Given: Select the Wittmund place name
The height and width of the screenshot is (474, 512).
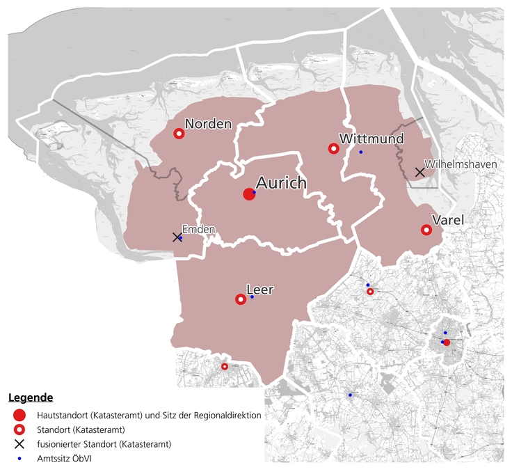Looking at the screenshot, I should pos(371,139).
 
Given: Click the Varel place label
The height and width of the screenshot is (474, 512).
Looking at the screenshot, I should pos(448,220).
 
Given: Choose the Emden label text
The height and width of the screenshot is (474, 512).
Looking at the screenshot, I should pos(198,228).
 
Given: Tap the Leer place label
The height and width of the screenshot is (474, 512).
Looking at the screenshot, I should pos(260,288).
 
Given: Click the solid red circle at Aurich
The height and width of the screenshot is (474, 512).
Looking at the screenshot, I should pos(249,194).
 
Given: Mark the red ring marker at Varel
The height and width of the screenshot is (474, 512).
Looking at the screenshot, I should pos(426,230).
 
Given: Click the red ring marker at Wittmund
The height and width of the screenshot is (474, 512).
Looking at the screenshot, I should pos(333,148).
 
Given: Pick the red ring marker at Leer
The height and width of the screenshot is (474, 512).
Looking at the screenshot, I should pos(240,299).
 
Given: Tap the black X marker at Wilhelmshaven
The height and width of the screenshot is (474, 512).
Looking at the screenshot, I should pos(419,172).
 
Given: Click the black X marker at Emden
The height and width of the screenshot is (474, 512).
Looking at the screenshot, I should pos(177,237).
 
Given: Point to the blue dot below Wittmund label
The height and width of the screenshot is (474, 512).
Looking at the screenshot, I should pos(360,152).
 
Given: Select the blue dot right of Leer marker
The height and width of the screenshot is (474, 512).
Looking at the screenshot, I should pos(252,297).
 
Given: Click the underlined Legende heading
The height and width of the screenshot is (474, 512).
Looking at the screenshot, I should pos(31,398).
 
